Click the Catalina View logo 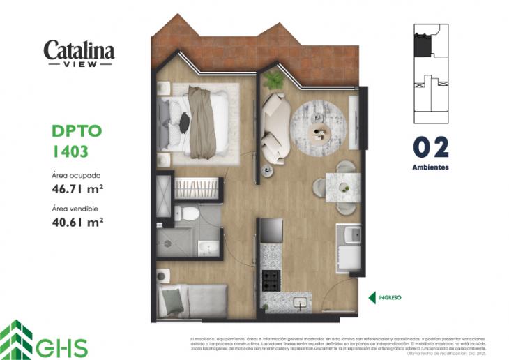click(79, 54)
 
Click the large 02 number click(430, 148)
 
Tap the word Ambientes click(430, 167)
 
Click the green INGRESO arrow click(372, 297)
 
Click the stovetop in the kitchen click(271, 280)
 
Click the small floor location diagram click(431, 68)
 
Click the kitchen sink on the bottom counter click(299, 302)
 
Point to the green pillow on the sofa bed click(172, 301)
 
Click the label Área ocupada click(76, 174)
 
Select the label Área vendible click(75, 209)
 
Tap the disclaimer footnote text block click(337, 345)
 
